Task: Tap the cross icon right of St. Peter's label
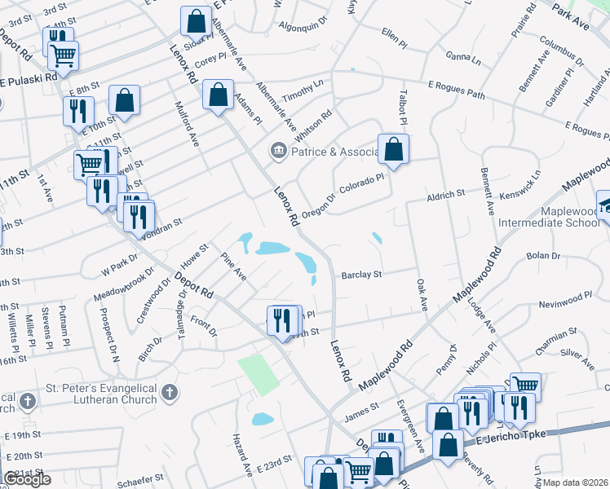(x=169, y=393)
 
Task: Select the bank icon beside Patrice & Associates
(x=278, y=150)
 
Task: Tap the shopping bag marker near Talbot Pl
(x=393, y=150)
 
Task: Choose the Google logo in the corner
(x=27, y=479)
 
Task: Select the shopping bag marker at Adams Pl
(x=219, y=95)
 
